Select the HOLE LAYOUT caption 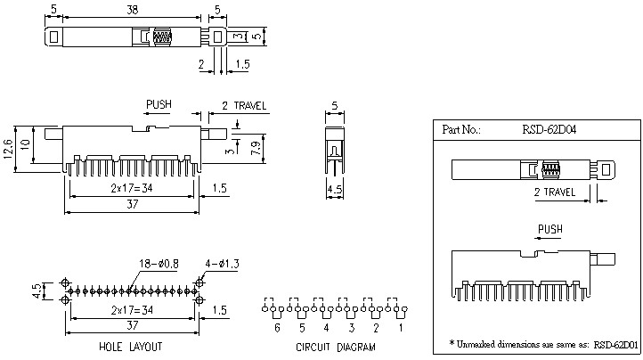click(x=132, y=345)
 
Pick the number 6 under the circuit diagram click(x=277, y=328)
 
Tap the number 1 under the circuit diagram click(x=400, y=328)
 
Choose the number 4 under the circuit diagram click(x=326, y=328)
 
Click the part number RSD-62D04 click(x=549, y=130)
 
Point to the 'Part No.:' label click(x=461, y=130)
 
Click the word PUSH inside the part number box click(x=549, y=229)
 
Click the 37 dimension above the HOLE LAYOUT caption click(x=132, y=327)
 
